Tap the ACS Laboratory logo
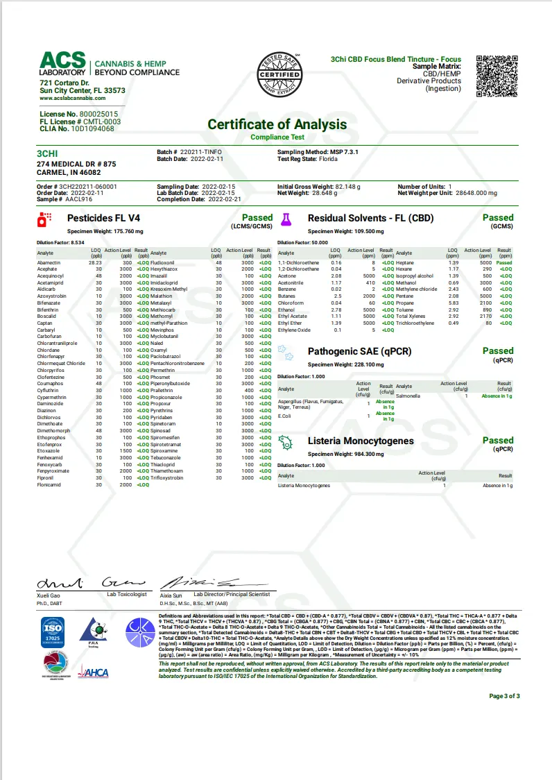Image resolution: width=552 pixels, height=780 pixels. point(62,64)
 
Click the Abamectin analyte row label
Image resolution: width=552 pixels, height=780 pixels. point(49,263)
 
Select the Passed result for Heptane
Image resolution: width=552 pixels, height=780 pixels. point(504,263)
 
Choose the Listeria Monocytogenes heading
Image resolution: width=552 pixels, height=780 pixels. point(361,441)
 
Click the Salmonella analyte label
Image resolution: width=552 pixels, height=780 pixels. point(408,395)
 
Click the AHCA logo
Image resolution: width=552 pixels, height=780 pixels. point(93,671)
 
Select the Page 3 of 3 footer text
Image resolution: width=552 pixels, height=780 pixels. point(504,695)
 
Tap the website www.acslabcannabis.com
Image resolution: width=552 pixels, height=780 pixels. point(73,99)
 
